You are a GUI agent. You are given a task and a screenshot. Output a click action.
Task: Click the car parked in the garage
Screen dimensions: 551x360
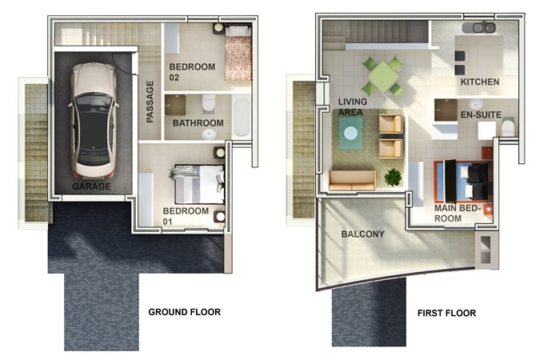[x=94, y=121]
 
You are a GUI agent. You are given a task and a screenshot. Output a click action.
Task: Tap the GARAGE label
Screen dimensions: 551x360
[x=91, y=186]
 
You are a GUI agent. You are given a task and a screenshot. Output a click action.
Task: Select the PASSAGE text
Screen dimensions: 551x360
[x=150, y=102]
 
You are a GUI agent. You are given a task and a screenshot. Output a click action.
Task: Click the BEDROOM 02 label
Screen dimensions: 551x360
[x=192, y=72]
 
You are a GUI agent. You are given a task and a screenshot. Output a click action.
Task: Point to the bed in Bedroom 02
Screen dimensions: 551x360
[x=238, y=53]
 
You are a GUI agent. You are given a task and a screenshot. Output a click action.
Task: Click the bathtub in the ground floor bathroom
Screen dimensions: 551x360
[x=241, y=116]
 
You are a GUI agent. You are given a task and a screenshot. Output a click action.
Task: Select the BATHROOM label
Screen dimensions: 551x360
[x=198, y=123]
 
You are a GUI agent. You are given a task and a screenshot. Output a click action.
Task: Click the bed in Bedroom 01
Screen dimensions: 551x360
[x=199, y=184]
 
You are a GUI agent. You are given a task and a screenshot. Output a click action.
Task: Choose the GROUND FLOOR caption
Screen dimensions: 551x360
[x=185, y=312]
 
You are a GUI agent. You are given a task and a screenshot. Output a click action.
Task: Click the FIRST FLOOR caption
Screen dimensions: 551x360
[x=446, y=313]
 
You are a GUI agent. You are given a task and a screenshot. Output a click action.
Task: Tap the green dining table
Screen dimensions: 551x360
[x=383, y=77]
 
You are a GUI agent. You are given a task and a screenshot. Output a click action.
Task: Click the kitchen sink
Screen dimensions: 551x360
[x=478, y=27]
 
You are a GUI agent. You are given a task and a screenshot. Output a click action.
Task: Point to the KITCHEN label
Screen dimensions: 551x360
[x=480, y=82]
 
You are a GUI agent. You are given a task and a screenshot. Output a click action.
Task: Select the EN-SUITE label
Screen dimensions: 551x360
[x=481, y=114]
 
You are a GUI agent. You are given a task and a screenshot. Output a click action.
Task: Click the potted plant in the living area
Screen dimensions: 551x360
[x=393, y=177]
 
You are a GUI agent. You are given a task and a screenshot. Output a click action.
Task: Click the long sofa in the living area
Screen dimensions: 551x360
[x=352, y=181]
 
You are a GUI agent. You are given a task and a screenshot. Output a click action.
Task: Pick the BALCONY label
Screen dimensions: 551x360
[x=362, y=234]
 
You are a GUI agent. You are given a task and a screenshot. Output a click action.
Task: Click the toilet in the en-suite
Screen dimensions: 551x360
[x=508, y=128]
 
